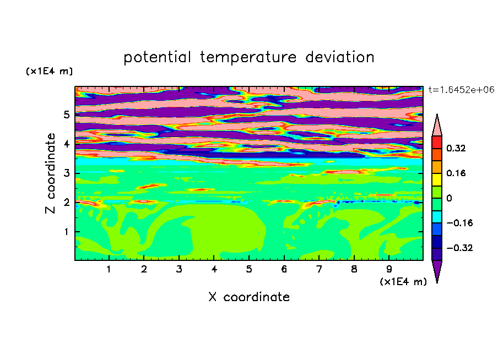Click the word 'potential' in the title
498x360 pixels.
(x=157, y=57)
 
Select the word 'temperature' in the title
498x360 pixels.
(x=248, y=57)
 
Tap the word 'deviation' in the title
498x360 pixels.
(x=340, y=57)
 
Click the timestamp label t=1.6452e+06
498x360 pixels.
(x=462, y=90)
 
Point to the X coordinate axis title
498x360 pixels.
(x=249, y=297)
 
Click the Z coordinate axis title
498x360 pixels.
(x=51, y=173)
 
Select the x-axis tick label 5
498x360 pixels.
(x=249, y=269)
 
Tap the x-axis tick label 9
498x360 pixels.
(x=389, y=269)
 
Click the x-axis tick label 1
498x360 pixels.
(x=109, y=269)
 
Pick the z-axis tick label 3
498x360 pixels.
(x=66, y=173)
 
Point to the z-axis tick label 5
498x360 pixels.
(x=66, y=114)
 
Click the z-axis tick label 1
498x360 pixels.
(x=66, y=231)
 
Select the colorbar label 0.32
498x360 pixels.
(x=456, y=148)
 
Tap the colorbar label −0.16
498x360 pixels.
(x=459, y=223)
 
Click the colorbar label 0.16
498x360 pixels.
(x=456, y=173)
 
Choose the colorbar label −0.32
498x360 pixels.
(x=459, y=248)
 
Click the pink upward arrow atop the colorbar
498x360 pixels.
(x=437, y=127)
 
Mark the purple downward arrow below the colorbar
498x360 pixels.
(x=437, y=270)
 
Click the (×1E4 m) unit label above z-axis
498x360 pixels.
(x=49, y=71)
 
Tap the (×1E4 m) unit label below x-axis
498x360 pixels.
(x=403, y=282)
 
